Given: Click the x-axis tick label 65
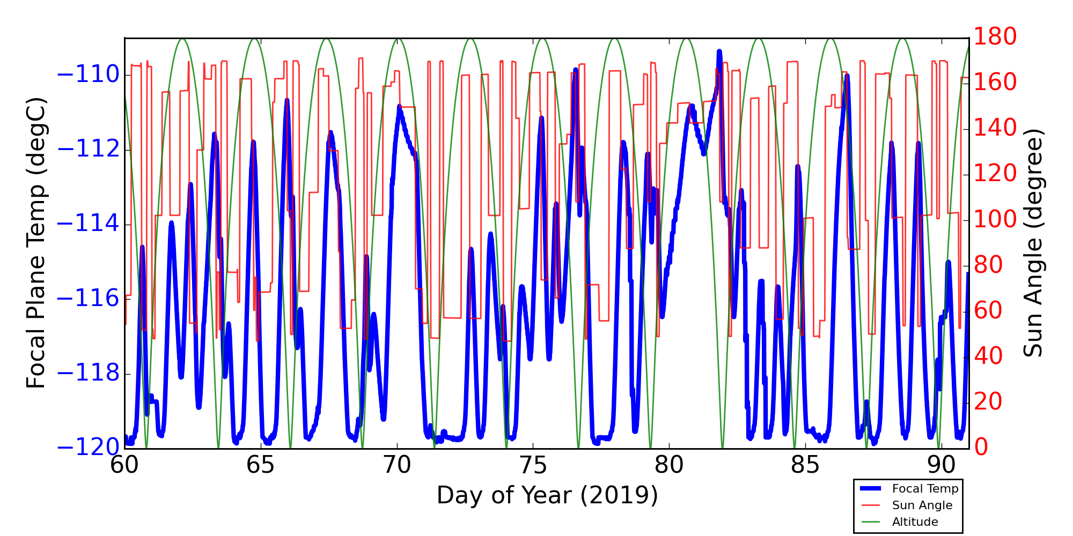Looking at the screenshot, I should (261, 465).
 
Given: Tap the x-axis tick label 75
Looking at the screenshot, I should (533, 465).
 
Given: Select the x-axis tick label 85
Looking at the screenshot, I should (806, 465).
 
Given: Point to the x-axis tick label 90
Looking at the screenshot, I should (942, 465).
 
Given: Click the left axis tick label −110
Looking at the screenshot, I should (88, 75).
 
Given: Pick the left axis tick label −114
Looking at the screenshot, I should (88, 224).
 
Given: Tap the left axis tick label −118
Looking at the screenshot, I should (88, 374).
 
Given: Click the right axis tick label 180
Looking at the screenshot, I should (995, 37).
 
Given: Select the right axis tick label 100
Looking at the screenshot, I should (995, 219).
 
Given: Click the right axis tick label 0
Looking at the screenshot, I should (981, 447).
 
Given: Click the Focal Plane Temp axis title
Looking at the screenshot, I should (36, 243).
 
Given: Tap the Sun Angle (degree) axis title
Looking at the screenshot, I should (1033, 243).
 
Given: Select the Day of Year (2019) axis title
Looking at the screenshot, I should (547, 495).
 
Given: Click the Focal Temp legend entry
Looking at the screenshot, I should (925, 489).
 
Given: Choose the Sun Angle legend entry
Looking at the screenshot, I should (922, 505).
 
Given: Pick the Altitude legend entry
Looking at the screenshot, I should (915, 522).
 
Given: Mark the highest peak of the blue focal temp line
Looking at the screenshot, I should (719, 51).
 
